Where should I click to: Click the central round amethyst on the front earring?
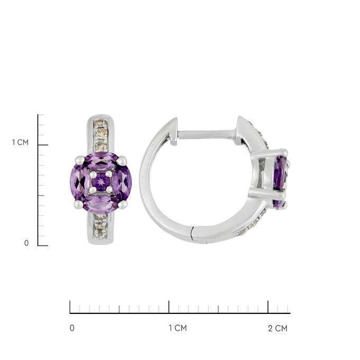pyautogui.click(x=101, y=182)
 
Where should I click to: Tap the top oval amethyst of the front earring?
pyautogui.click(x=101, y=161)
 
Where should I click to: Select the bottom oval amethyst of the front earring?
pyautogui.click(x=101, y=204)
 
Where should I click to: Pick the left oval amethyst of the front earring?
pyautogui.click(x=79, y=183)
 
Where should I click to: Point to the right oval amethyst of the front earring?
pyautogui.click(x=122, y=183)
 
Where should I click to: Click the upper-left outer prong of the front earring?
pyautogui.click(x=80, y=160)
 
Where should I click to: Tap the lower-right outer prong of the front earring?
pyautogui.click(x=123, y=204)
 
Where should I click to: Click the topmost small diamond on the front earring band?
pyautogui.click(x=101, y=124)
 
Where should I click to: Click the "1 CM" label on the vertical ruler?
pyautogui.click(x=20, y=142)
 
